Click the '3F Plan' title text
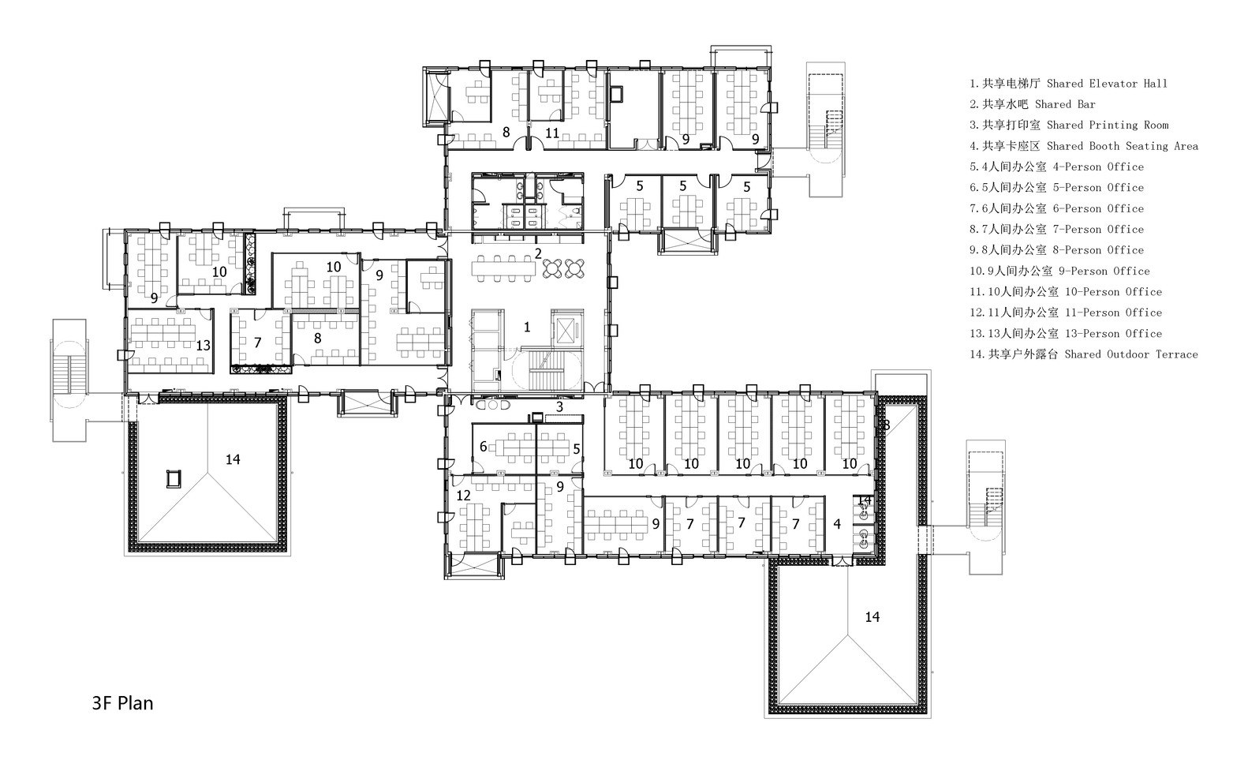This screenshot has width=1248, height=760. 122,703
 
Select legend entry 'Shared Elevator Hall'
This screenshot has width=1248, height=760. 1069,84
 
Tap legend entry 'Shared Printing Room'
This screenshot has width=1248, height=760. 1069,125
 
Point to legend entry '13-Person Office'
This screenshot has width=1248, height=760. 1066,334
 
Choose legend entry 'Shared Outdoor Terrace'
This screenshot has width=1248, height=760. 1084,354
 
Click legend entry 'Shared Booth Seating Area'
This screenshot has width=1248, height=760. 1084,146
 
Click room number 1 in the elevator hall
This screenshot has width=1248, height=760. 527,327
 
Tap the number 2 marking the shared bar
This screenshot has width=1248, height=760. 538,253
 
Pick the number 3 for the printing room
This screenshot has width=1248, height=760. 559,406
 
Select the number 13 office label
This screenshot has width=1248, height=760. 203,346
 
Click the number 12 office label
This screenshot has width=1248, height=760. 464,496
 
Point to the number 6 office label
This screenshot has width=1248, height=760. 483,447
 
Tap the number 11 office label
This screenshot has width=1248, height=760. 552,133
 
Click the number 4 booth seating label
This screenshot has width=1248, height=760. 837,524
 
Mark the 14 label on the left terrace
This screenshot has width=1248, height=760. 233,459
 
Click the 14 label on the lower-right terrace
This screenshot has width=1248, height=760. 872,617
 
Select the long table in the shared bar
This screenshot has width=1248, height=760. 503,268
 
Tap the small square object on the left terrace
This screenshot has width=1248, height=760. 174,479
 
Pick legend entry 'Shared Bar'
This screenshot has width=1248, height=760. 1033,104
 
